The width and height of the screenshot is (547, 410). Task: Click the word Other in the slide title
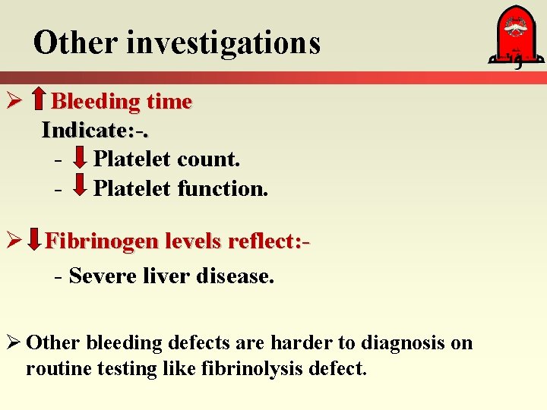(x=75, y=43)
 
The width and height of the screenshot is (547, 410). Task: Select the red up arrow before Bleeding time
(x=39, y=101)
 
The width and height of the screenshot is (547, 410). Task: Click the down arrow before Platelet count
(x=80, y=159)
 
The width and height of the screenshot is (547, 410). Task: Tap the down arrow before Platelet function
(x=80, y=188)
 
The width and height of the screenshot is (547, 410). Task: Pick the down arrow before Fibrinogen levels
(x=34, y=241)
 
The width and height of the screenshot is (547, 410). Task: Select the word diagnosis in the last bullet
(x=403, y=343)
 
